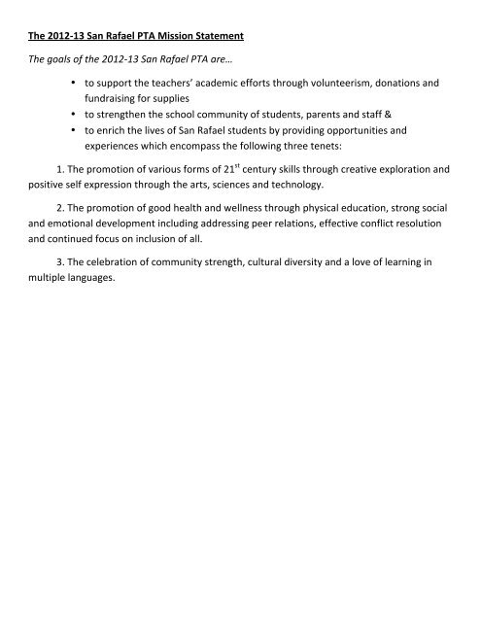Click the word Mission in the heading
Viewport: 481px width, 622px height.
coord(169,37)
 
